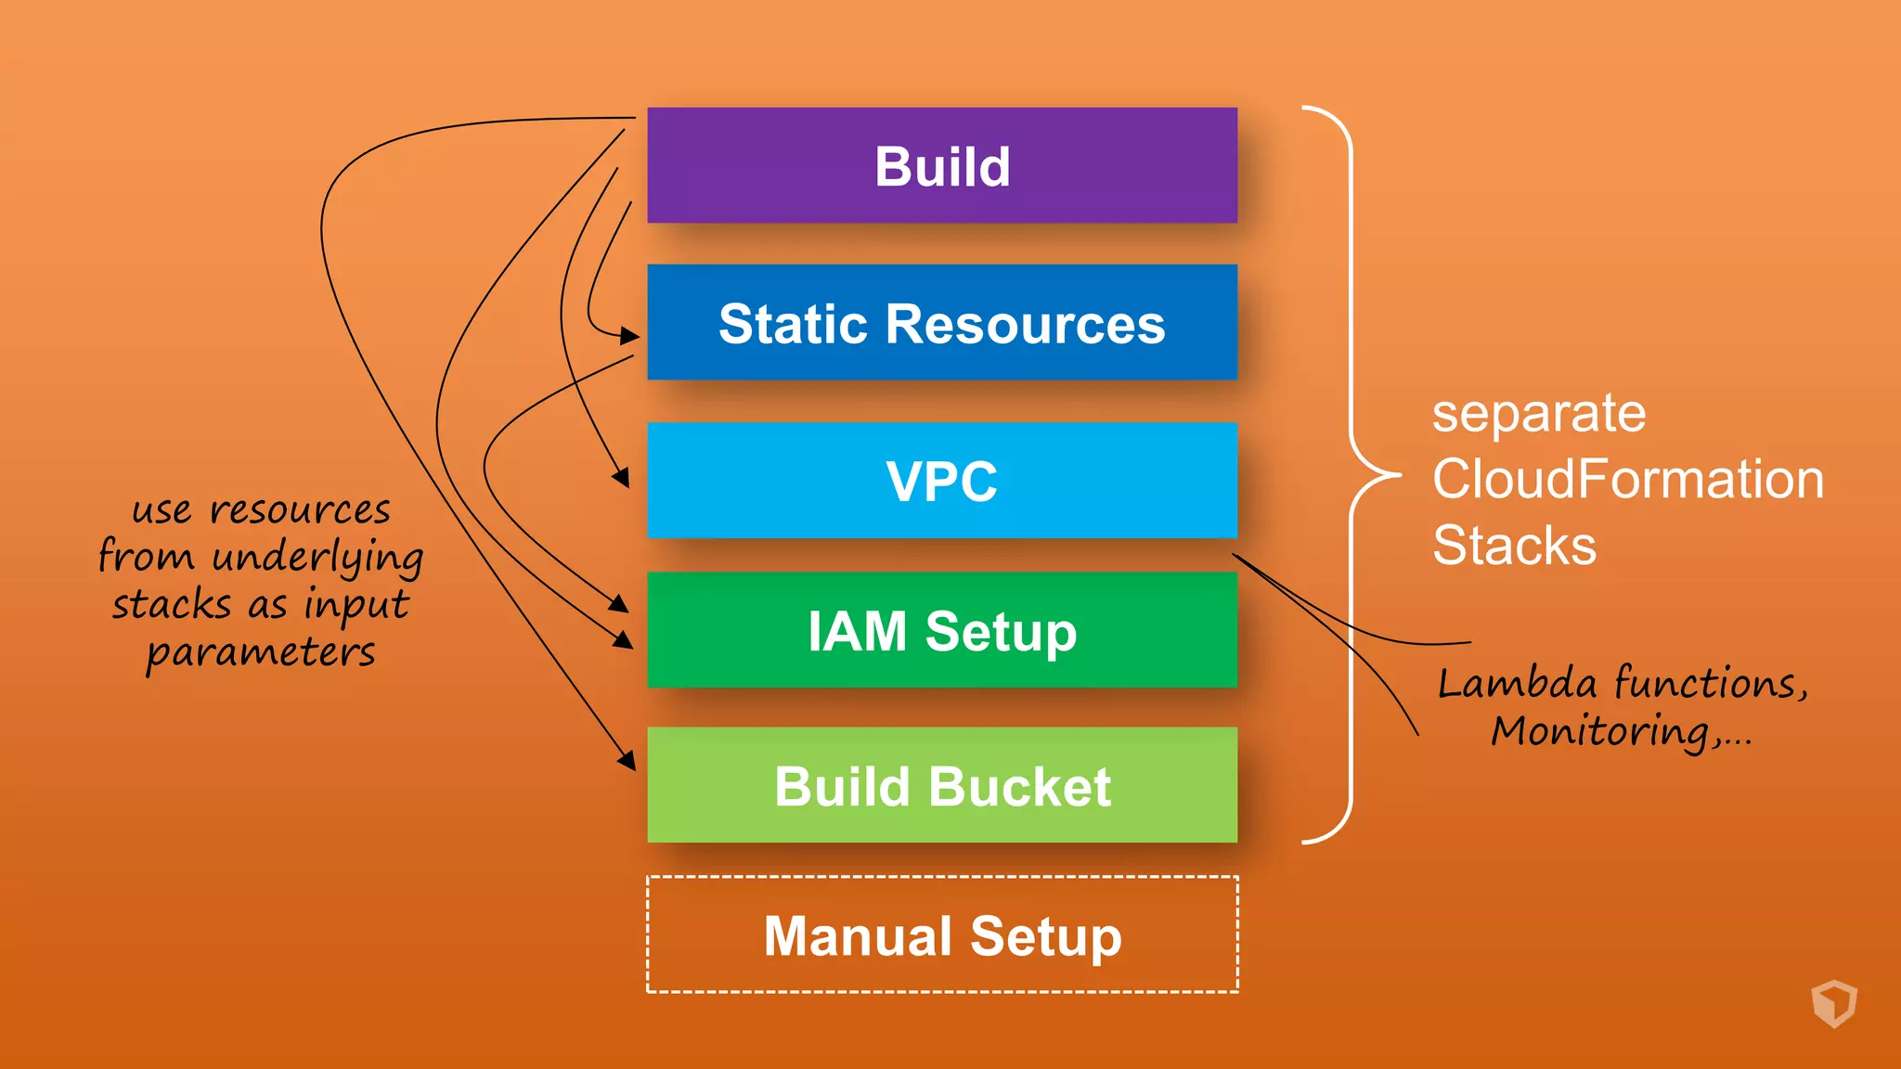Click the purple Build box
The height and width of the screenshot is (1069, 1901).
point(941,165)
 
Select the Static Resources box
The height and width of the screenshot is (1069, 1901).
point(941,322)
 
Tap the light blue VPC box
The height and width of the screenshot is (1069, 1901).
point(941,481)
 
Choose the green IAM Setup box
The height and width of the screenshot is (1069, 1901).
point(941,630)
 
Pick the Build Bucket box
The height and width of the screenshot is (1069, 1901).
point(941,785)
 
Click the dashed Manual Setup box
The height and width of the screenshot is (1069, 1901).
point(941,934)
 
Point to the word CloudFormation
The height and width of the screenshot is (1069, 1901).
point(1627,479)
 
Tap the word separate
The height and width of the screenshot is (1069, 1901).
point(1538,413)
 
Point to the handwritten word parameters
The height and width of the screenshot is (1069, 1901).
point(261,652)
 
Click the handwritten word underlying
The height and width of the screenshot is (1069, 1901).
point(317,558)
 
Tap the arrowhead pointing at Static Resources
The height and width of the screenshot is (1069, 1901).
point(631,336)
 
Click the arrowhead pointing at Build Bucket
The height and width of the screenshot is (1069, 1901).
point(628,761)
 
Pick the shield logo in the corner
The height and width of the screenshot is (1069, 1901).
point(1833,1003)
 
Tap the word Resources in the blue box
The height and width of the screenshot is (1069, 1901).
point(1025,324)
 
